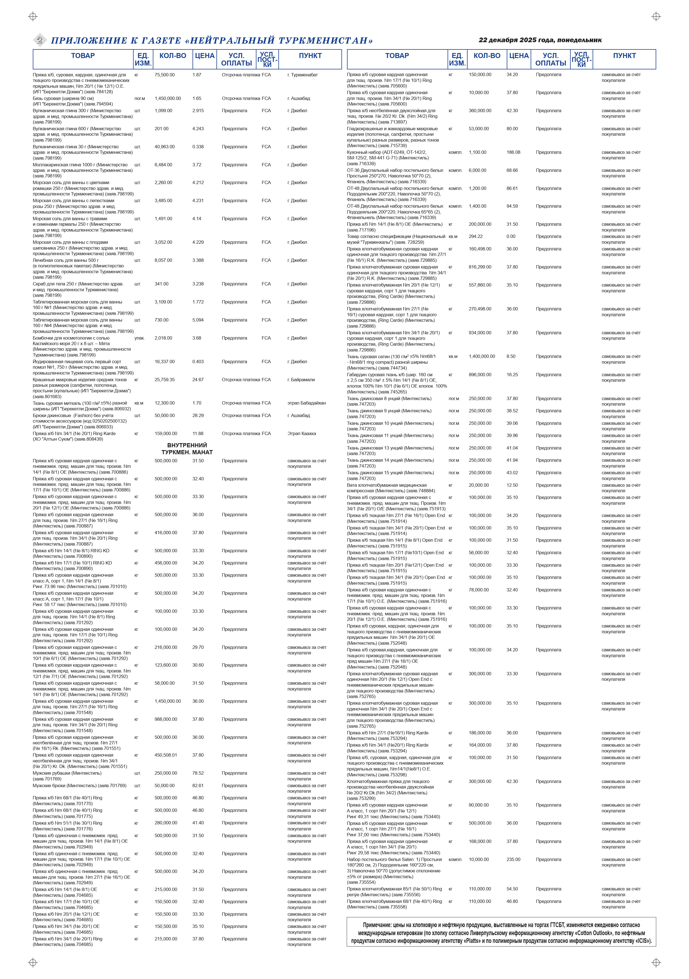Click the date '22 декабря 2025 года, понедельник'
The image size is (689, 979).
(x=540, y=40)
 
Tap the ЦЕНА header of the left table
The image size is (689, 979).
(x=204, y=56)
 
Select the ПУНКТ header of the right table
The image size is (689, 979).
(x=624, y=56)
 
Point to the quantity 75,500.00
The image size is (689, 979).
(x=165, y=75)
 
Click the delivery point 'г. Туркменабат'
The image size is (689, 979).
(x=303, y=75)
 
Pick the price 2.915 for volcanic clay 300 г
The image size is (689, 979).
(x=198, y=111)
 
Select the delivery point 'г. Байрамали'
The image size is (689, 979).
(x=301, y=380)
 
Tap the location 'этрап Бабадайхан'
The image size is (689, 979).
(x=306, y=403)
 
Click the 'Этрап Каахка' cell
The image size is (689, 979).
(x=302, y=434)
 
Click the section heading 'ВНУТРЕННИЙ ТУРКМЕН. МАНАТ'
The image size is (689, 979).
(x=187, y=449)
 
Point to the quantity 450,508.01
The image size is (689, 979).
(x=166, y=755)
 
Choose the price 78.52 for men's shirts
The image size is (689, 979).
(x=198, y=773)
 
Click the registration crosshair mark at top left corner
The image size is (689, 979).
(x=33, y=17)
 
